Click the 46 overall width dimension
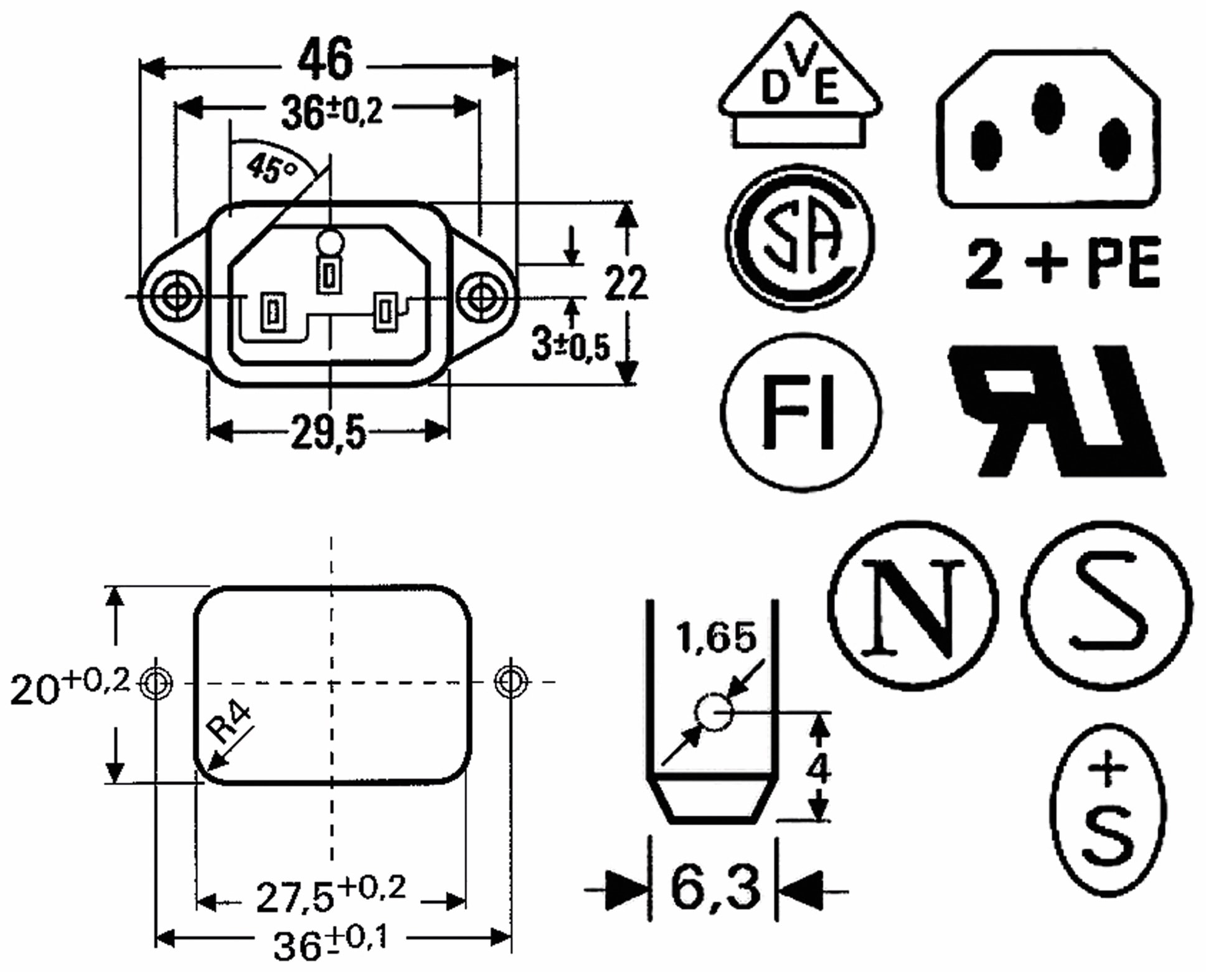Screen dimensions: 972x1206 point(325,60)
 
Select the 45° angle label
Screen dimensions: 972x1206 point(272,168)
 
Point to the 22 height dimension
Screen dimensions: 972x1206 point(625,283)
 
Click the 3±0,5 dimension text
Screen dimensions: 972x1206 point(570,345)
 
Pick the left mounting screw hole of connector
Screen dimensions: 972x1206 point(177,297)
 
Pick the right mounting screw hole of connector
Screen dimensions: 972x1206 point(481,297)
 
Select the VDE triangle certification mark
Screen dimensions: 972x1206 point(799,84)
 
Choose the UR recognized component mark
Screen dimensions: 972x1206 point(1055,411)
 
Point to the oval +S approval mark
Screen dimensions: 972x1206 point(1108,810)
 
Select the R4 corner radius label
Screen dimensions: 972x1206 point(228,723)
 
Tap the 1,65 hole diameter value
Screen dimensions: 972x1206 point(716,637)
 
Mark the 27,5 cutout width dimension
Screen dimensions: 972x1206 point(330,895)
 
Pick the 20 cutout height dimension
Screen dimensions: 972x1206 point(68,685)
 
